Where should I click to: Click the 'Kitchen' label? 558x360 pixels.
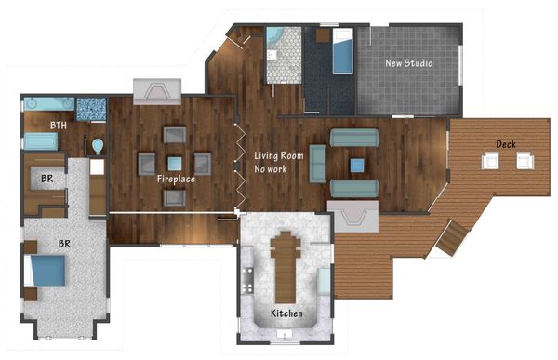(286, 313)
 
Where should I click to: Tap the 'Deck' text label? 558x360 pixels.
(506, 144)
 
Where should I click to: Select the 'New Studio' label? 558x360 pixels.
(410, 63)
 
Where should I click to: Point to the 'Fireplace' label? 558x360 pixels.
(176, 178)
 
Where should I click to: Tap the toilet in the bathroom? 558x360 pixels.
(98, 146)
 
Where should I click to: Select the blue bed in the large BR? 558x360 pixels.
(47, 272)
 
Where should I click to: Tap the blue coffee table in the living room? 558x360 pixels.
(356, 165)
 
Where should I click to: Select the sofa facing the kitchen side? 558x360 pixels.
(354, 187)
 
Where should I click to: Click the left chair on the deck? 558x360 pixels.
(490, 162)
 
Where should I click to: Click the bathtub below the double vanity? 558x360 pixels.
(40, 141)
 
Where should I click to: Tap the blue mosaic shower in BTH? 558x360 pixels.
(90, 108)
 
